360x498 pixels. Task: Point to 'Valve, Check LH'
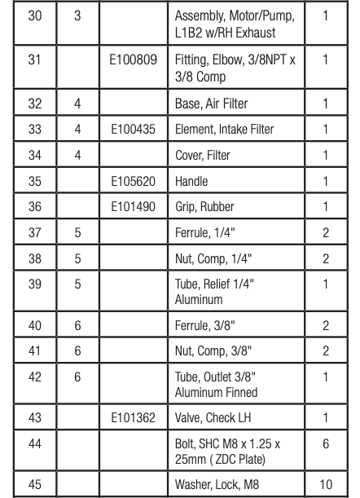pyautogui.click(x=211, y=416)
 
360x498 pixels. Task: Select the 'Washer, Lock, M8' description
pyautogui.click(x=215, y=485)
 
